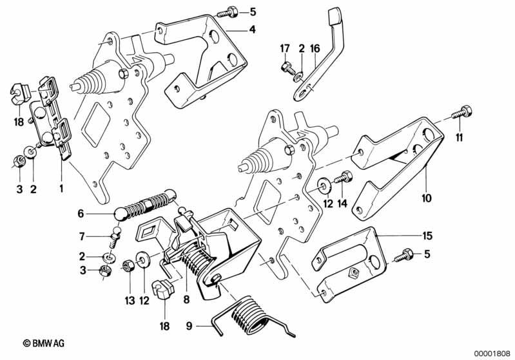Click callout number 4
click(x=253, y=30)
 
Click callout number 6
click(x=81, y=213)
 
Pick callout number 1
click(x=61, y=189)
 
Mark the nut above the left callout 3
click(x=19, y=158)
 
